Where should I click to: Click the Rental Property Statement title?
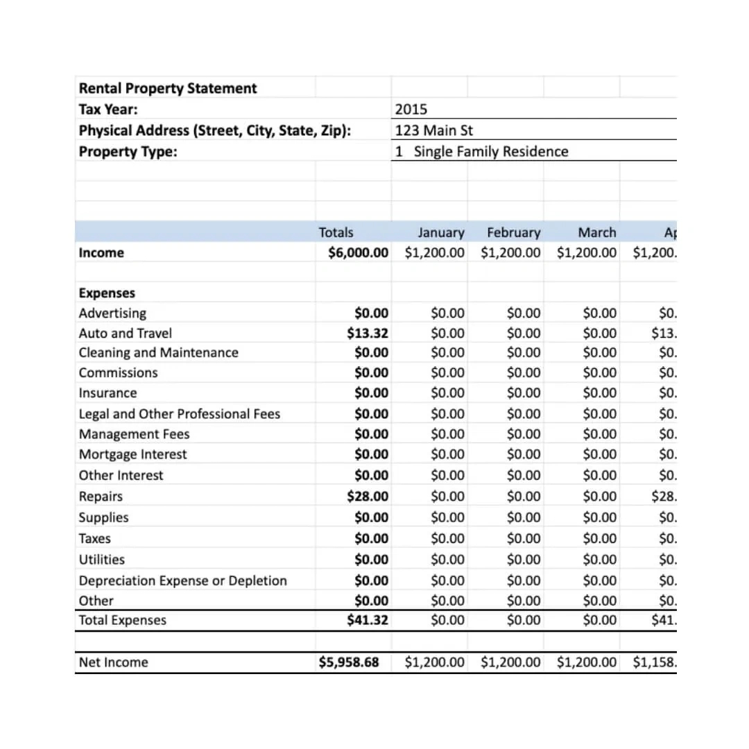167,88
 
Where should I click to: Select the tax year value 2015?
411,109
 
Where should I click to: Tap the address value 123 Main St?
434,130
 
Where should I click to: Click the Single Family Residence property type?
490,151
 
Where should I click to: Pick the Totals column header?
336,232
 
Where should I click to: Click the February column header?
513,232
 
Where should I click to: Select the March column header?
596,232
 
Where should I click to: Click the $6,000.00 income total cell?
358,252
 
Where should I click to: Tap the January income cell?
434,252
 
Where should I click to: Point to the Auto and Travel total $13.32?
368,333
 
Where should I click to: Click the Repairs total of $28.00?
368,496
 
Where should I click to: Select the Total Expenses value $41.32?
368,620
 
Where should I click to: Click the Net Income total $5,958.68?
349,662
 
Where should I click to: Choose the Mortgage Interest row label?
132,454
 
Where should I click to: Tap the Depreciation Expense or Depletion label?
182,580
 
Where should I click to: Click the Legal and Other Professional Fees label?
179,414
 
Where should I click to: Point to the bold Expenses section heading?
107,293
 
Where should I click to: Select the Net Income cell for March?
586,662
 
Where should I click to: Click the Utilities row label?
101,559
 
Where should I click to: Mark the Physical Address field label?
214,130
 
